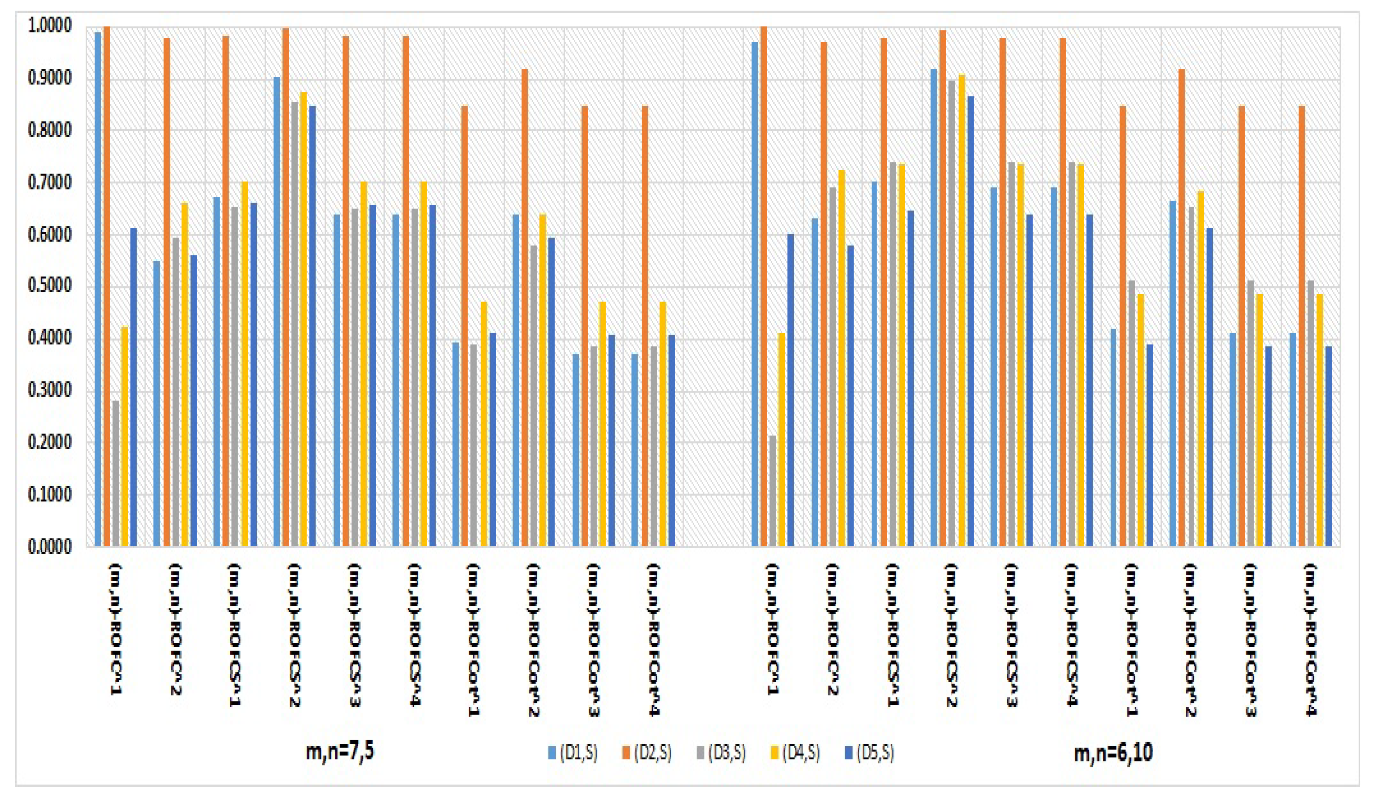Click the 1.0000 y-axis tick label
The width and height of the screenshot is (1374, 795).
[x=50, y=26]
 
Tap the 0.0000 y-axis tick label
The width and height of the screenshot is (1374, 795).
[x=50, y=547]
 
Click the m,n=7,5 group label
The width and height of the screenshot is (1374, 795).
[x=340, y=752]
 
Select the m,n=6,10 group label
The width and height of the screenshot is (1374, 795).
[x=1113, y=753]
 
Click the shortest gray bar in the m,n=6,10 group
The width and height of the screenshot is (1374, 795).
[x=772, y=491]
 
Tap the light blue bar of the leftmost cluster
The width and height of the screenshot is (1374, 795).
[x=98, y=289]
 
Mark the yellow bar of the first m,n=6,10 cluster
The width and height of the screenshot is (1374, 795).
[x=781, y=439]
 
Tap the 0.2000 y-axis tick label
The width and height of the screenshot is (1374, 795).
[x=50, y=443]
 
